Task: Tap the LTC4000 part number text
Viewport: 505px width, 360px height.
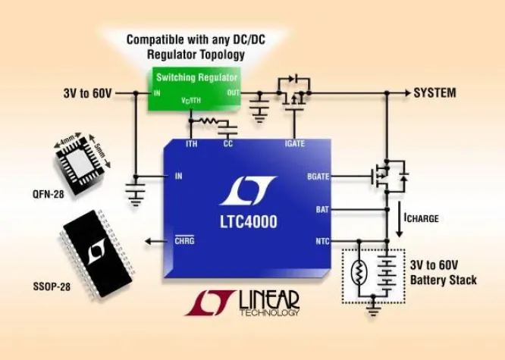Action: point(249,222)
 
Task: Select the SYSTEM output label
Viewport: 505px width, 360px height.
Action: point(434,93)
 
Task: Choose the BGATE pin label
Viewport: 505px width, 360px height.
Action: point(315,177)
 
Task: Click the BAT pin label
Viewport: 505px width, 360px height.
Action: point(322,208)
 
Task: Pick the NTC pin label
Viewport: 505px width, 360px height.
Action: point(322,242)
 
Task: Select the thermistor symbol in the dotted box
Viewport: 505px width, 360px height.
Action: point(359,272)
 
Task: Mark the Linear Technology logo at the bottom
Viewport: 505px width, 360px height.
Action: point(243,303)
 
